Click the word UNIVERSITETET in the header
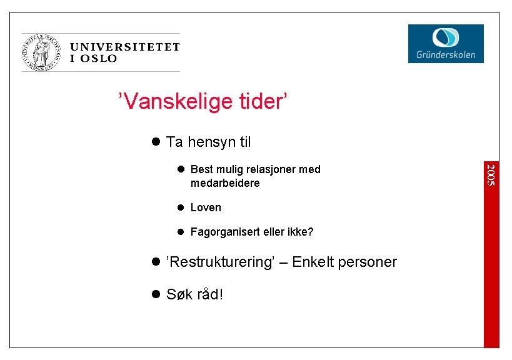coord(125,47)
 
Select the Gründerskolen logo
coord(446,44)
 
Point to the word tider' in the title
coord(263,101)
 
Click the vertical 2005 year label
coord(491,174)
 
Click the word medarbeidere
coord(225,183)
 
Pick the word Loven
coord(206,207)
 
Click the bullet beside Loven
coord(179,207)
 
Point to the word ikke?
coord(300,232)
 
